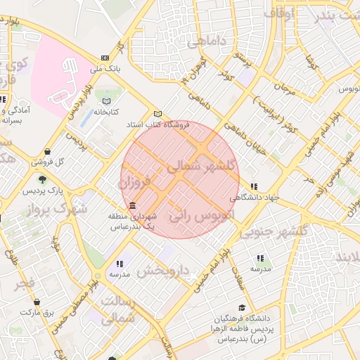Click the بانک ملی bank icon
pos(105,58)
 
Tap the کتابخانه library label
pos(106,112)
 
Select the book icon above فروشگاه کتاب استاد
pos(157,113)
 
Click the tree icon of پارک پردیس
pos(43,180)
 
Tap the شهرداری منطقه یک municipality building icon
pos(133,205)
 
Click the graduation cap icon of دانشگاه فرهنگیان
pos(243,307)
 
